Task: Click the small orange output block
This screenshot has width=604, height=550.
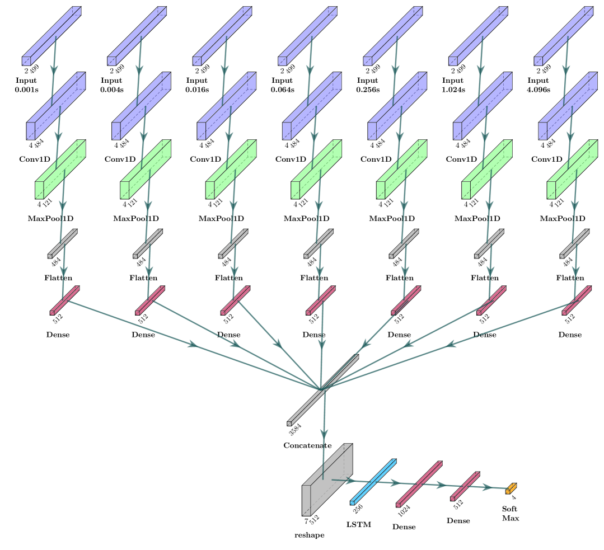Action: tap(511, 489)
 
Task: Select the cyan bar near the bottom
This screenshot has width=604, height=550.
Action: tap(373, 482)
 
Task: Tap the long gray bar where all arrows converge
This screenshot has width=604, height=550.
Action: tap(323, 390)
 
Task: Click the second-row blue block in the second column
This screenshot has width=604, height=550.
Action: tap(141, 106)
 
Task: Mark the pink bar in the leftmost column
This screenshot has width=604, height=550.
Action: tap(64, 301)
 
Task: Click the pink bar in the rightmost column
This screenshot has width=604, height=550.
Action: tap(577, 301)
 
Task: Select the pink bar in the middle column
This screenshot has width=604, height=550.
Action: tap(321, 301)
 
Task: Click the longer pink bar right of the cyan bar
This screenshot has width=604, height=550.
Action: tap(419, 484)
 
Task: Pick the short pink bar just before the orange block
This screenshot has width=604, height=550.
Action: tap(465, 486)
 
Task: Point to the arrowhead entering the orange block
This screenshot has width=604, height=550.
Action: tap(488, 488)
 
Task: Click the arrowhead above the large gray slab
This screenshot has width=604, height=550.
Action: tap(324, 434)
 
